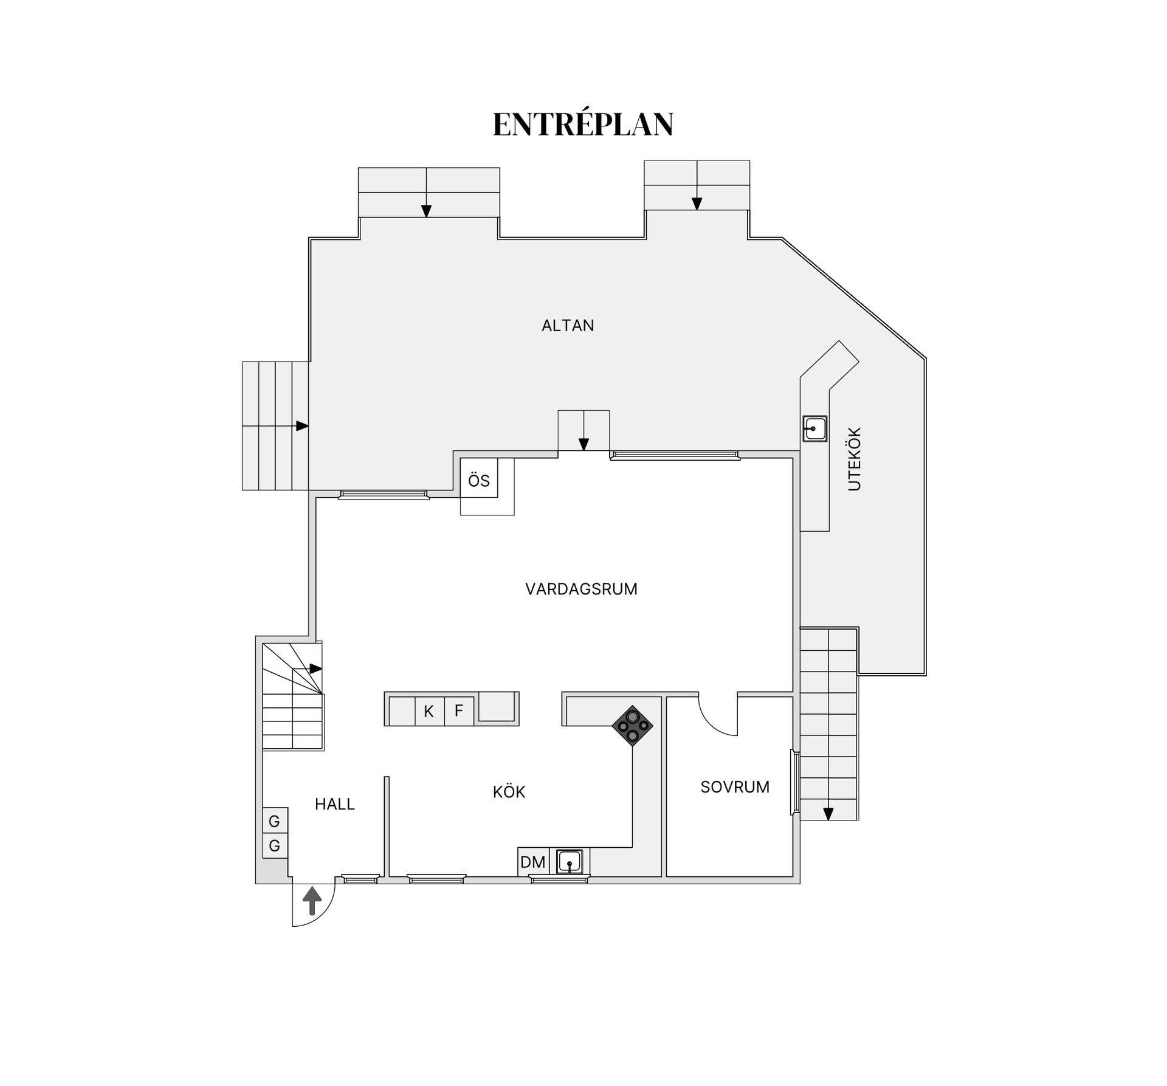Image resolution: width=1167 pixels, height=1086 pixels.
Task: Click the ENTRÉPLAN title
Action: click(582, 125)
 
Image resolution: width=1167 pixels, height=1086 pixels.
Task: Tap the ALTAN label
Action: click(568, 326)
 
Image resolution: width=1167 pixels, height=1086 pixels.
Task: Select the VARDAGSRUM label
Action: click(581, 589)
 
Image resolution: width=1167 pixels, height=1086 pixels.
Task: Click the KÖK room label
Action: click(509, 792)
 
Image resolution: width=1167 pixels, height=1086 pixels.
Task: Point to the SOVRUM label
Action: click(735, 787)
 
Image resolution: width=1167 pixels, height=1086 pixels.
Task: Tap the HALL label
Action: click(334, 804)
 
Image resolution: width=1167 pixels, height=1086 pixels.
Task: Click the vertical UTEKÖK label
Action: click(855, 459)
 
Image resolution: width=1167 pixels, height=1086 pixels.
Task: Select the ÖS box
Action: click(479, 481)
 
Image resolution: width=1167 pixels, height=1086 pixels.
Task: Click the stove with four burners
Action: click(632, 726)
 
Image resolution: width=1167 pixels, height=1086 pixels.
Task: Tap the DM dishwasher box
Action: click(533, 862)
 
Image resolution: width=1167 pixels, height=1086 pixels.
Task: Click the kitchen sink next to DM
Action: click(570, 862)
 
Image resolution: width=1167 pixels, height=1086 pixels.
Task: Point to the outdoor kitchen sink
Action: click(814, 428)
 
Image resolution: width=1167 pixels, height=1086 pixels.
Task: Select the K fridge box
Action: click(429, 711)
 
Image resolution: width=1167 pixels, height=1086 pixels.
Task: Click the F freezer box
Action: click(459, 710)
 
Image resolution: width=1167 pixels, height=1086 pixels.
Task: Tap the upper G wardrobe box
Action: click(275, 822)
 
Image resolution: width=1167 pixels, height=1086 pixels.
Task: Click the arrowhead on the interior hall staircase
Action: click(315, 668)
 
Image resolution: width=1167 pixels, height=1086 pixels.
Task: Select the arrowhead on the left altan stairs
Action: click(301, 426)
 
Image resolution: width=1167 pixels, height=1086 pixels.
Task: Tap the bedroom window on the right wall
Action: click(793, 782)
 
